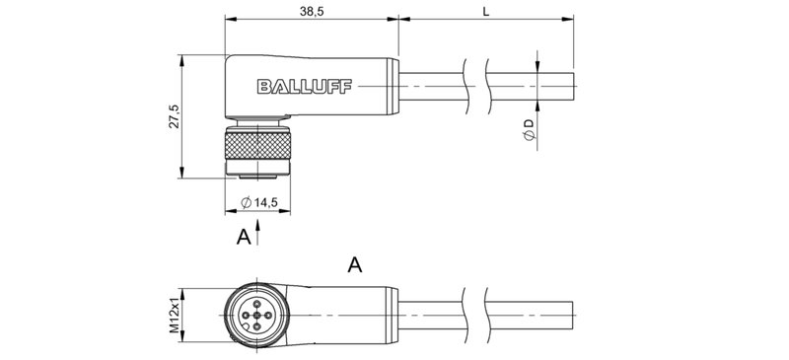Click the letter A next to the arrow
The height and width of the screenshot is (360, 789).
[x=243, y=237]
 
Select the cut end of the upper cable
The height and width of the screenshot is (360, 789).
[x=573, y=88]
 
